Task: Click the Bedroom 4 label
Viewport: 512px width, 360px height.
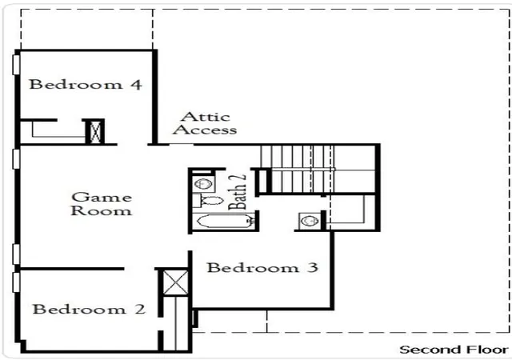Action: coord(86,85)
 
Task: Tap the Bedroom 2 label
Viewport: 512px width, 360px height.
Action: coord(89,309)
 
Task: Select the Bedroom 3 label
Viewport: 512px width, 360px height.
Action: coord(262,268)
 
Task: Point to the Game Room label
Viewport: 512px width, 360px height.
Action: coord(102,204)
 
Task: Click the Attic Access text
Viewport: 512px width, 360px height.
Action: coord(205,123)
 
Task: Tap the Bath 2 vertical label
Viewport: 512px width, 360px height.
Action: coord(238,191)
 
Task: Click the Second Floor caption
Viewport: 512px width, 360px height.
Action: coord(454,350)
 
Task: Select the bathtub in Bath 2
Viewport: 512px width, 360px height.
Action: coord(226,221)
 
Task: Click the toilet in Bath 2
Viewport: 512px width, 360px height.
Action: coord(208,200)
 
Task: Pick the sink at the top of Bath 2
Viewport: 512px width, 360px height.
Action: coord(203,184)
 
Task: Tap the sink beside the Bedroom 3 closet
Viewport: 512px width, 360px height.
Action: coord(310,221)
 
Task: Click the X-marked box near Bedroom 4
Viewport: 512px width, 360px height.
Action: coord(95,132)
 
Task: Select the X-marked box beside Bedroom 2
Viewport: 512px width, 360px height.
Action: coord(175,283)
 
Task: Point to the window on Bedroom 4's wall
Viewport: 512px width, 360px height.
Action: coord(16,65)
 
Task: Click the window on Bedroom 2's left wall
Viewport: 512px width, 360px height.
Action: coord(16,282)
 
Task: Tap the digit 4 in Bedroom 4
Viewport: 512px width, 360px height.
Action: coord(137,85)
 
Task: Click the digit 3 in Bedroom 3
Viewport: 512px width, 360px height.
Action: coord(313,267)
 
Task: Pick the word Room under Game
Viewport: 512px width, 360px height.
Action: coord(102,210)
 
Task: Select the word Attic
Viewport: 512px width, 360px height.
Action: coord(206,117)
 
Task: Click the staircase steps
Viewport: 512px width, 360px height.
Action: coord(318,170)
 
